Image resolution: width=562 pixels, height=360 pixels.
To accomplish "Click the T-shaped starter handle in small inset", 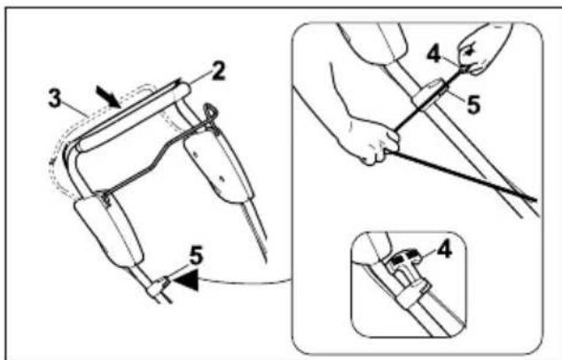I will (402, 258).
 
